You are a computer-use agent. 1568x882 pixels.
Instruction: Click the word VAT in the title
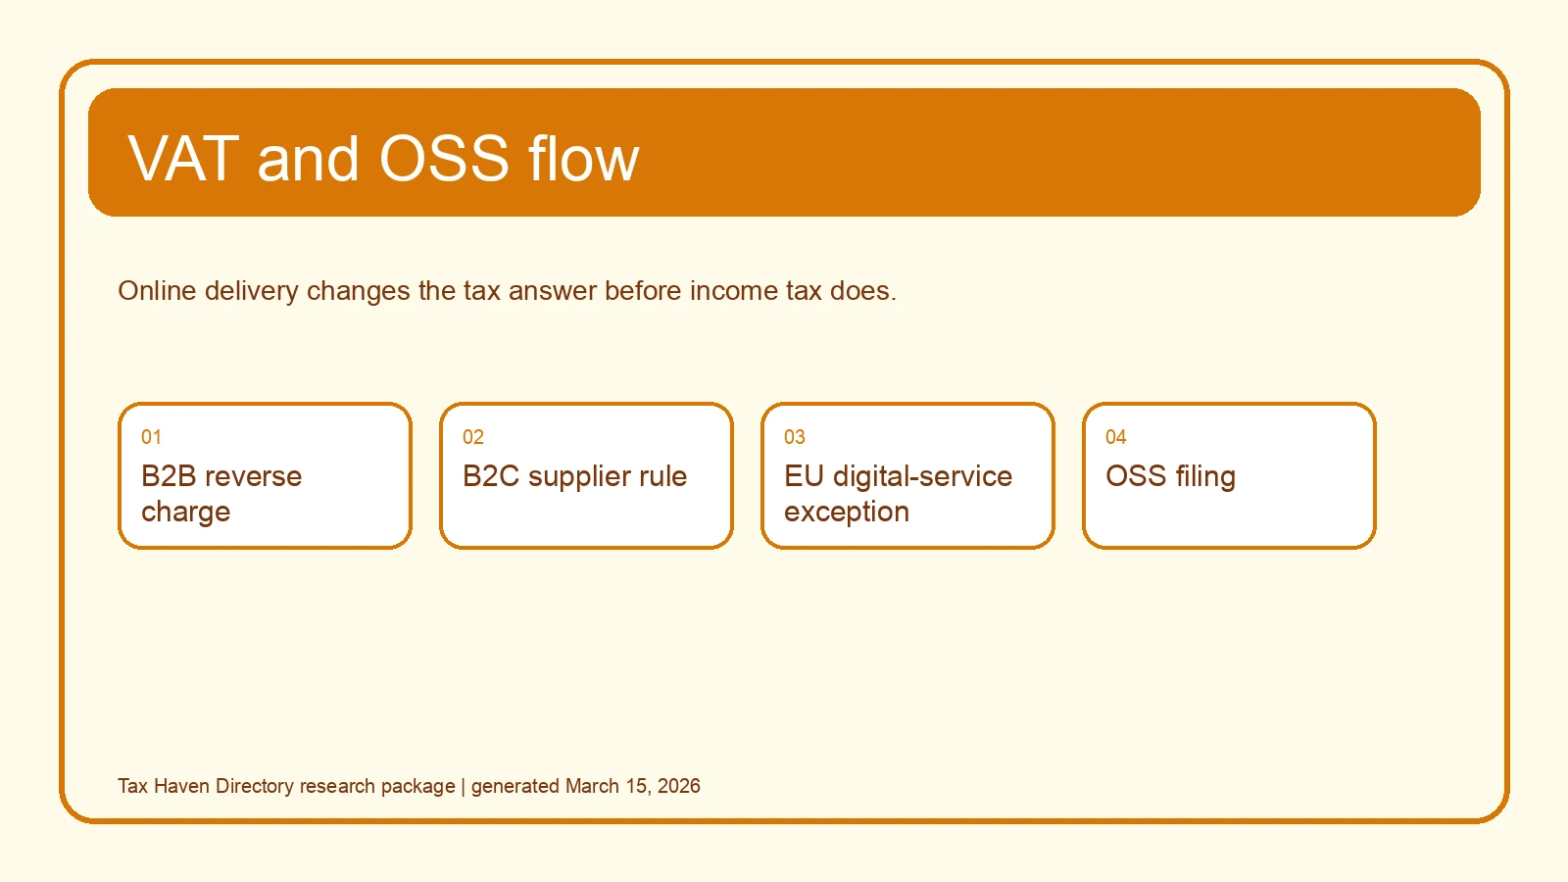183,159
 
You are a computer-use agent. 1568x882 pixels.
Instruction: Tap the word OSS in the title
444,159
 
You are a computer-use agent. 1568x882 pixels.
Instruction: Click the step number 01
151,437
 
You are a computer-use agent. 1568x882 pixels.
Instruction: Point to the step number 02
473,437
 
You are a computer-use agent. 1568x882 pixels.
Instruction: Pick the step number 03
795,437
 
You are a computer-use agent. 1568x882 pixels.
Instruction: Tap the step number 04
1116,437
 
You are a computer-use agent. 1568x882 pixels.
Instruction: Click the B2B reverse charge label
221,494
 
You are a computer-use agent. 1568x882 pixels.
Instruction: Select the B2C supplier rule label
574,477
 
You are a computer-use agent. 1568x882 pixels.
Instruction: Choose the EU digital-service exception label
898,494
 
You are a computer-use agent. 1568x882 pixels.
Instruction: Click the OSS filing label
1170,477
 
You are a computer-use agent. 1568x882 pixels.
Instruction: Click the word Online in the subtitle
157,290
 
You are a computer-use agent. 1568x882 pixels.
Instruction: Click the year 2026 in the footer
678,786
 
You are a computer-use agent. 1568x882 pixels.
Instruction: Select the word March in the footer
592,786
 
